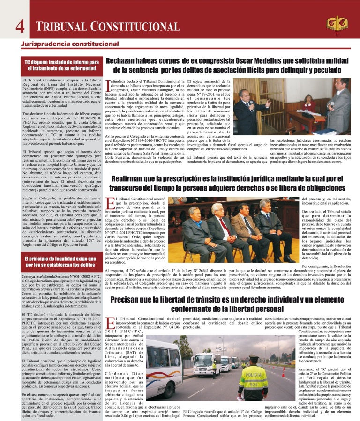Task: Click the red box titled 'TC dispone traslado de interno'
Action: (x=62, y=66)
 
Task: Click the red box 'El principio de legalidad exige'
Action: (x=62, y=262)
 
